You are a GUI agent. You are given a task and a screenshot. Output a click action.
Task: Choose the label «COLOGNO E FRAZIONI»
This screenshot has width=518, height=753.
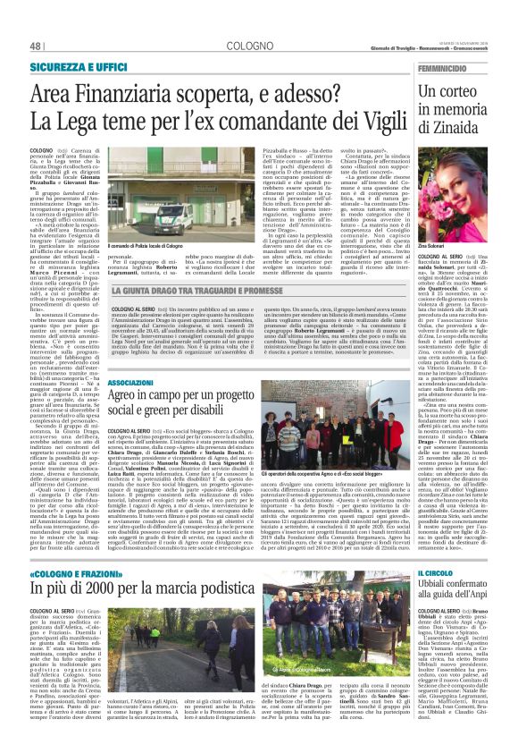tap(72, 573)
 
